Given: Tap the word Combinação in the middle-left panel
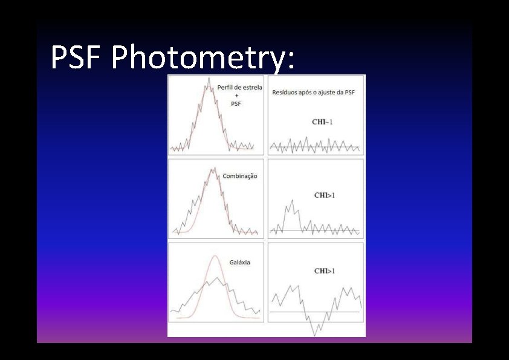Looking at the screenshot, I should [240, 176].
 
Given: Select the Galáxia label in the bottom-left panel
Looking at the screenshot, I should [239, 263].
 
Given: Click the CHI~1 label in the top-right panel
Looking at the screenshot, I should [322, 122].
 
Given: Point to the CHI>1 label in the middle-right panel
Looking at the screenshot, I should [325, 195].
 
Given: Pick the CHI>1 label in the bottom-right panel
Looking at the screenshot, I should [325, 271].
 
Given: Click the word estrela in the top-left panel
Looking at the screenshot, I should [251, 87].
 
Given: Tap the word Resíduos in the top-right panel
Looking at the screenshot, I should [286, 93].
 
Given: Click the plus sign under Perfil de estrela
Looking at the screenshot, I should [236, 96].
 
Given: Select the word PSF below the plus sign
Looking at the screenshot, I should [236, 104].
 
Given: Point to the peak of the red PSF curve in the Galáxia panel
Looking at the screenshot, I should [215, 256].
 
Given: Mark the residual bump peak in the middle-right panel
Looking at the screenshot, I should [293, 200].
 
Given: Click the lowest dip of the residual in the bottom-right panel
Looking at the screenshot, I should [315, 335].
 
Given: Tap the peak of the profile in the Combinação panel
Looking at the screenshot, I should [213, 168].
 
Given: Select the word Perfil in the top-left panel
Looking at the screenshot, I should [226, 87].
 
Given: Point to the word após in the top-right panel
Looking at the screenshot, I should [308, 93].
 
